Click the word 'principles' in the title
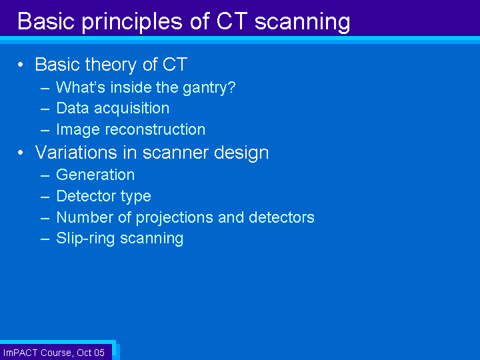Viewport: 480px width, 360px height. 133,22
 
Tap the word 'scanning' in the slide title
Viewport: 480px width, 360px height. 303,22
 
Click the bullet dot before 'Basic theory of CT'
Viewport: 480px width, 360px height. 21,65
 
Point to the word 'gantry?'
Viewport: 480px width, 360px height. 209,88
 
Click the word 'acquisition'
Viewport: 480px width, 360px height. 131,109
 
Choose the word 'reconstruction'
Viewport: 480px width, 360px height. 155,129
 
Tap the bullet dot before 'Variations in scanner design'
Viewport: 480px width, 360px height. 21,153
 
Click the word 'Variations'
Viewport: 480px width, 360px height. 76,152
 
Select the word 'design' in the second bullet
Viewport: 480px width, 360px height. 241,153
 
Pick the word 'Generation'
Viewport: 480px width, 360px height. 95,175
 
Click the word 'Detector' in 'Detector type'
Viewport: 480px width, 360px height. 86,196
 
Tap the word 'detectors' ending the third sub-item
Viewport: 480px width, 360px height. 281,217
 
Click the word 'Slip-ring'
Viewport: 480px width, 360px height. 85,239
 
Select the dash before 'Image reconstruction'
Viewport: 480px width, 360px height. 45,131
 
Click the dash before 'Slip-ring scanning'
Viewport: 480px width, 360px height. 45,239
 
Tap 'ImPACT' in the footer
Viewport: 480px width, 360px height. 21,353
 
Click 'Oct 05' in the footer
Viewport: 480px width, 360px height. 91,353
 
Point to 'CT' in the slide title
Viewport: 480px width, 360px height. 232,21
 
